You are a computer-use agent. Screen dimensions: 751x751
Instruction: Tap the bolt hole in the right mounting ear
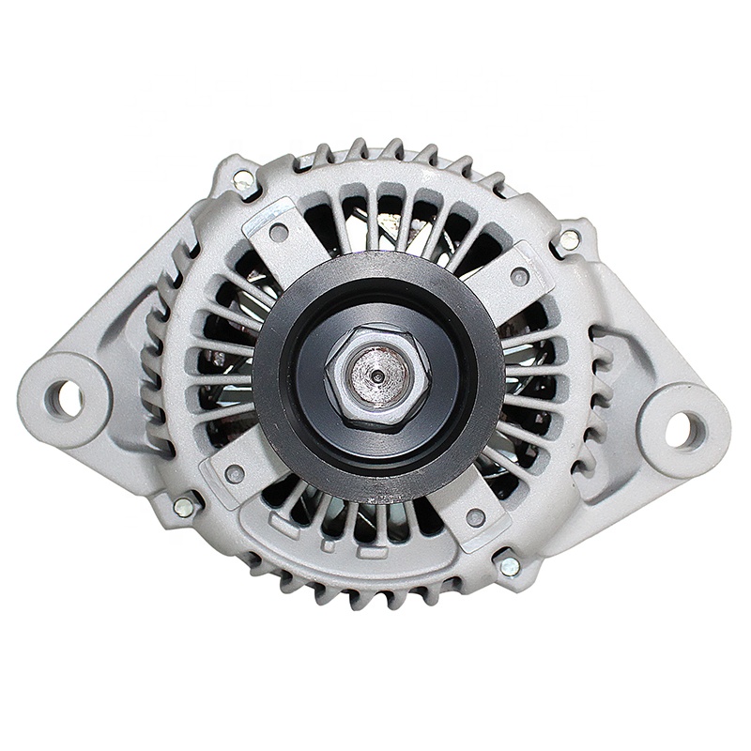point(683,430)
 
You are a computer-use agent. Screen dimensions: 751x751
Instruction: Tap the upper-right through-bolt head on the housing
point(570,239)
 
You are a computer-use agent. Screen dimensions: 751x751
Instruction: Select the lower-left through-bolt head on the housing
point(184,507)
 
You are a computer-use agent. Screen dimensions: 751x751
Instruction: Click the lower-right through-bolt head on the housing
point(509,565)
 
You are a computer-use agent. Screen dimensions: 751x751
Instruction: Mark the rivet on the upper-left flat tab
point(279,231)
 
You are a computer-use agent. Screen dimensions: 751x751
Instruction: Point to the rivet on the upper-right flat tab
point(519,276)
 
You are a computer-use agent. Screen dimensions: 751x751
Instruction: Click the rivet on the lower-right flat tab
point(476,517)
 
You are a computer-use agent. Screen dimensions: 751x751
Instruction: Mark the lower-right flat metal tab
point(474,512)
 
